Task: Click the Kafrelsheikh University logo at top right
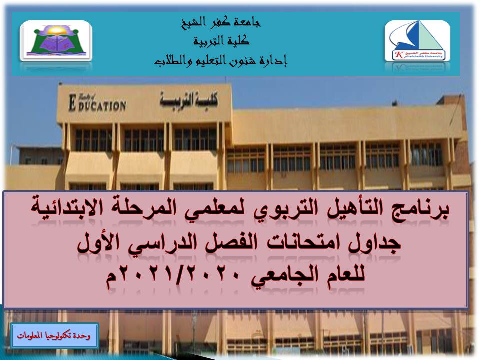click(417, 41)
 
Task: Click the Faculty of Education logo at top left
click(56, 41)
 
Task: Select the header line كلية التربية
click(220, 42)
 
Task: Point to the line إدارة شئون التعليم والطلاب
click(220, 62)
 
